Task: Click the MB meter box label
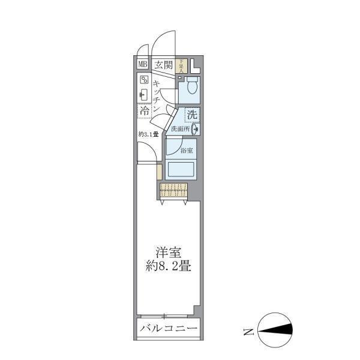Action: click(x=143, y=65)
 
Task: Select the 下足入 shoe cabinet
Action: click(x=182, y=65)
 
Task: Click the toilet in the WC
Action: click(x=191, y=87)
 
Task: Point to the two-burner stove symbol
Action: click(x=145, y=80)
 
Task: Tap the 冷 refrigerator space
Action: click(x=145, y=111)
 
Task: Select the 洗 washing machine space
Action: click(x=192, y=114)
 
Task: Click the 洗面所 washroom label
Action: click(x=180, y=128)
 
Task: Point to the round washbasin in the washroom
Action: click(x=196, y=128)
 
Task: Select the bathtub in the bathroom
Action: click(x=181, y=169)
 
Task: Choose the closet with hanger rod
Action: click(x=174, y=191)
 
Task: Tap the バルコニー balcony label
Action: click(x=167, y=329)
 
